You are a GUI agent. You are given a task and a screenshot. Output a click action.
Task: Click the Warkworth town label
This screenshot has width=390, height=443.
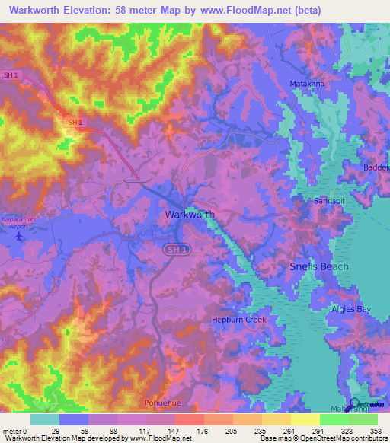(x=190, y=215)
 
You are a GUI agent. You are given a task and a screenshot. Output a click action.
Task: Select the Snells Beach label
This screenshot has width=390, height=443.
(x=319, y=266)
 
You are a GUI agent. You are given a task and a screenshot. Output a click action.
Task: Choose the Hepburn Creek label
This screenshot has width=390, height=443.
(x=238, y=320)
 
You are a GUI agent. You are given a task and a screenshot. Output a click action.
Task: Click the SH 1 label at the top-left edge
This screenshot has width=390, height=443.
(x=10, y=75)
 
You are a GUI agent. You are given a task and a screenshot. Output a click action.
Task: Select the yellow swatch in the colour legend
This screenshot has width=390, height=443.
(x=305, y=419)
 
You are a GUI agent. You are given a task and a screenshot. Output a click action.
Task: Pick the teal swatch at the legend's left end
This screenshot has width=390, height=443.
(x=45, y=419)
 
